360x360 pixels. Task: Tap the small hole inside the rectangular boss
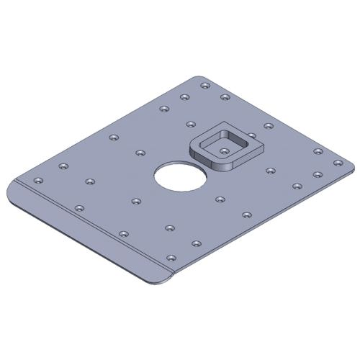pos(225,150)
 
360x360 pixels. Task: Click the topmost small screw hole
pos(205,86)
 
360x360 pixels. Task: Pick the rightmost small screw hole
pos(336,163)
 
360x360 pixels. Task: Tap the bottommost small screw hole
pos(171,257)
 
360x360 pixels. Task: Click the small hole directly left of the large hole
pos(140,153)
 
